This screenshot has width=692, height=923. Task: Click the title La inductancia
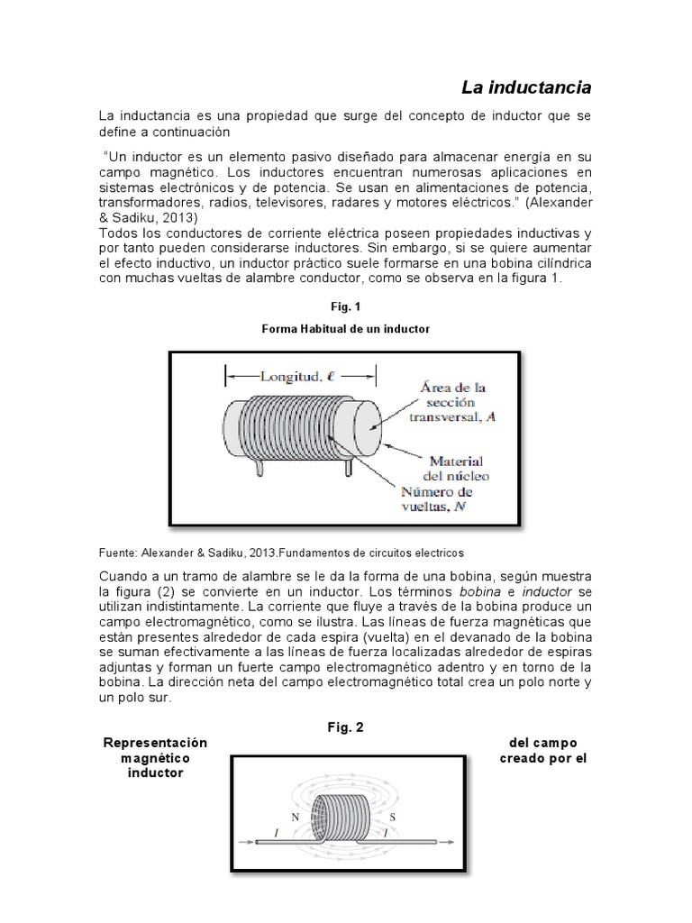[526, 87]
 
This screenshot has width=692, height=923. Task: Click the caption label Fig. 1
[345, 306]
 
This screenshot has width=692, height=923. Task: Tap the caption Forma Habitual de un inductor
[345, 330]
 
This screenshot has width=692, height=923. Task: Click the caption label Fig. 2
[345, 727]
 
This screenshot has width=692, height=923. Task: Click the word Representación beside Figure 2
[156, 743]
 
